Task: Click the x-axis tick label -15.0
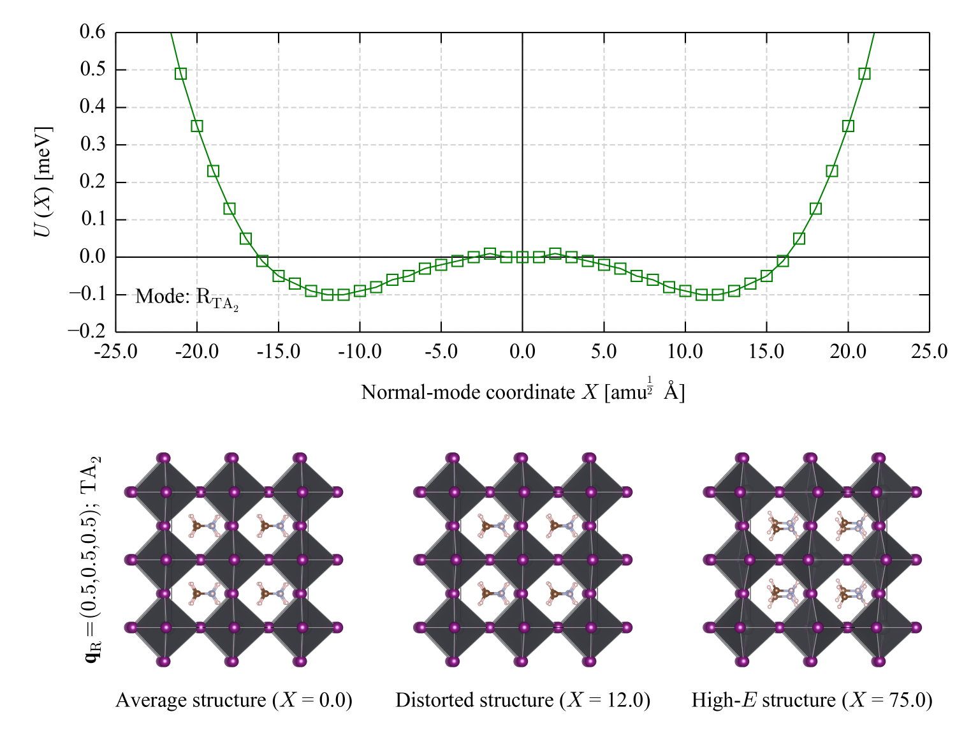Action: pyautogui.click(x=278, y=352)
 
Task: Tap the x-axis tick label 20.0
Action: pyautogui.click(x=848, y=352)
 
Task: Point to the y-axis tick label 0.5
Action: pyautogui.click(x=92, y=70)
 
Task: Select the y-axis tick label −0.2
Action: pyautogui.click(x=87, y=331)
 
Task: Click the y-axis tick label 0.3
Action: pyautogui.click(x=92, y=144)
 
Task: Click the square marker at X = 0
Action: pyautogui.click(x=522, y=257)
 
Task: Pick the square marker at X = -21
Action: pyautogui.click(x=180, y=74)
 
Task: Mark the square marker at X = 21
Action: pyautogui.click(x=864, y=74)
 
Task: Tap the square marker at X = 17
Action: pyautogui.click(x=799, y=238)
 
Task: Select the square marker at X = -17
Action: pyautogui.click(x=245, y=238)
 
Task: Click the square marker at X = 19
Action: pyautogui.click(x=831, y=171)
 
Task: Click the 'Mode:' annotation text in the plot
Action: pyautogui.click(x=163, y=296)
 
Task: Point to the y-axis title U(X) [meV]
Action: pyautogui.click(x=43, y=181)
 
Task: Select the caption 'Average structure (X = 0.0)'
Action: pyautogui.click(x=234, y=700)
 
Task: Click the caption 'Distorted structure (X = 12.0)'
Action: pyautogui.click(x=522, y=700)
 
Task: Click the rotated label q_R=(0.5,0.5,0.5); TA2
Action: pyautogui.click(x=92, y=559)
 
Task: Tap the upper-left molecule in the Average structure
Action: pyautogui.click(x=205, y=526)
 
